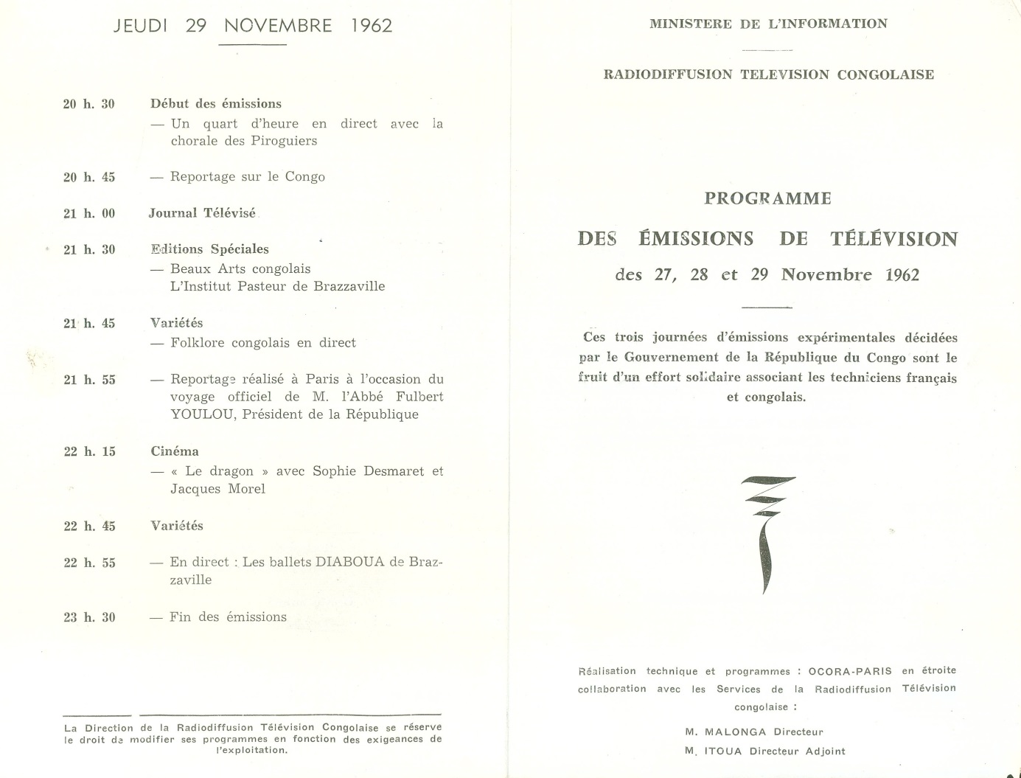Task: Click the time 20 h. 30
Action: (x=89, y=104)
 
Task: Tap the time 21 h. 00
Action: (x=89, y=214)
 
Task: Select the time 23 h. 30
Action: (x=89, y=618)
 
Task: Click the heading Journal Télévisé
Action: (x=202, y=213)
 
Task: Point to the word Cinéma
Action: (x=175, y=451)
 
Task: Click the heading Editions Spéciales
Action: (x=209, y=249)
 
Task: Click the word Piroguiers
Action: (x=284, y=141)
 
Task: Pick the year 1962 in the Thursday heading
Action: (x=372, y=26)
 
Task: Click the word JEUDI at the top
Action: (x=140, y=26)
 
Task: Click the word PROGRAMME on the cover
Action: (x=767, y=198)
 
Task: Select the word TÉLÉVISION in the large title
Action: (x=893, y=239)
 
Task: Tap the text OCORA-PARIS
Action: (x=850, y=671)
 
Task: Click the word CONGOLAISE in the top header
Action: (x=885, y=74)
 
